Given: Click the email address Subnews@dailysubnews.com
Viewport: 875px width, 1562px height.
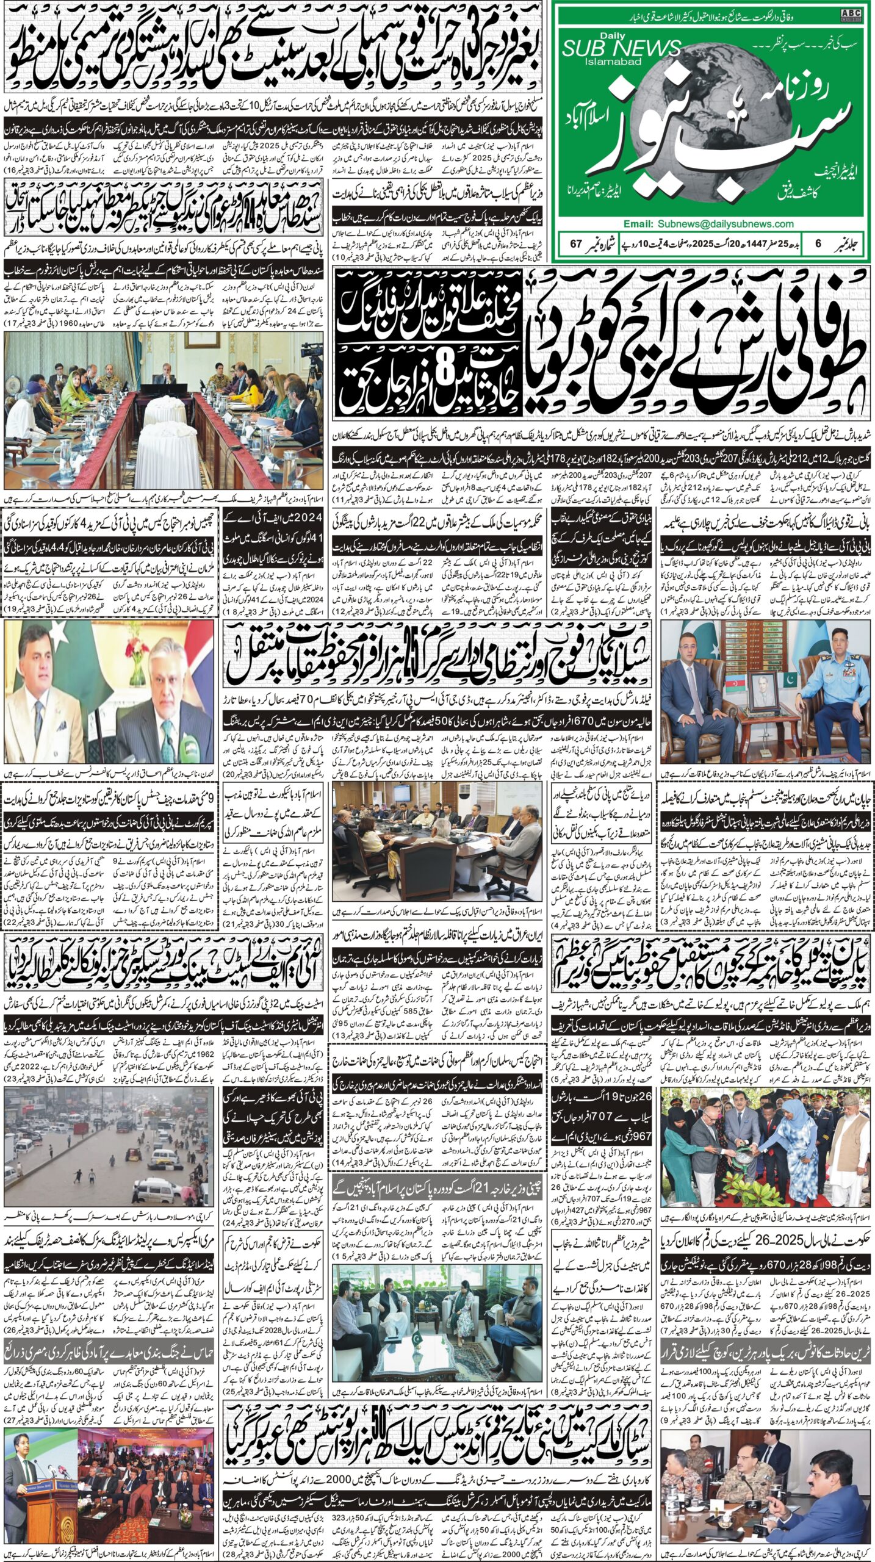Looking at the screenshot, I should (x=708, y=224).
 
